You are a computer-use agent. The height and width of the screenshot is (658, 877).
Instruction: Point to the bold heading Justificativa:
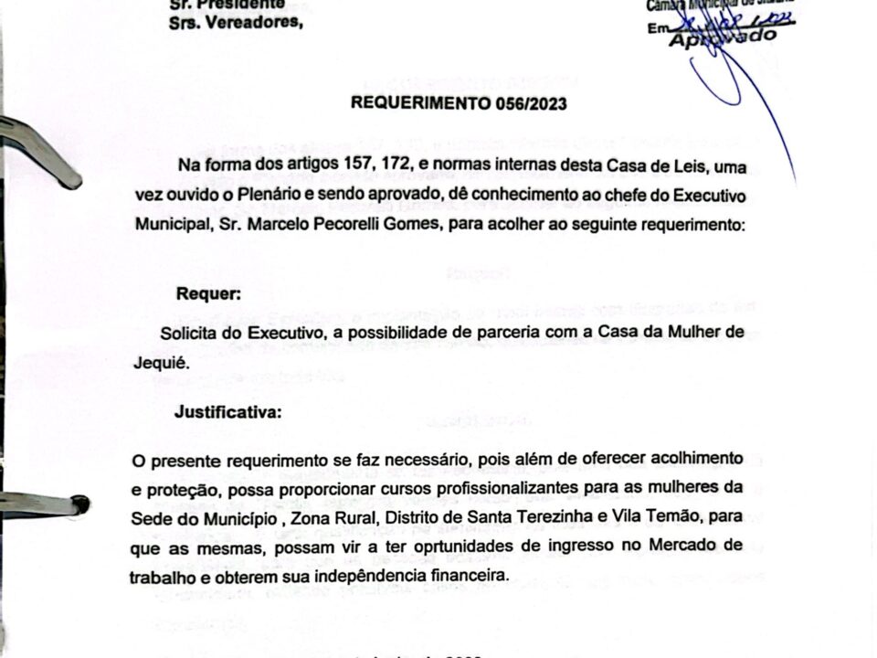228,412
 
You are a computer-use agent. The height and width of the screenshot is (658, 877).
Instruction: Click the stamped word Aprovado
722,37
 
